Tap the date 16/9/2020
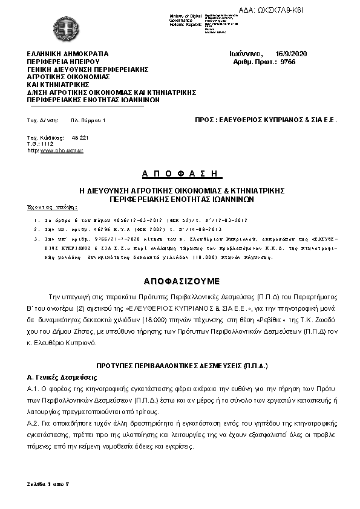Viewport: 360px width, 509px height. [x=291, y=54]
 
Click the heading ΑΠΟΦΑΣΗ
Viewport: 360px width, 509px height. [x=179, y=174]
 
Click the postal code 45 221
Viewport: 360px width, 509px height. [x=80, y=138]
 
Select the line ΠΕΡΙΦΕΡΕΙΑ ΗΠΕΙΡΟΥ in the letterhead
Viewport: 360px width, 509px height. [x=62, y=62]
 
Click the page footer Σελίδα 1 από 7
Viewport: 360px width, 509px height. [x=49, y=484]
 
